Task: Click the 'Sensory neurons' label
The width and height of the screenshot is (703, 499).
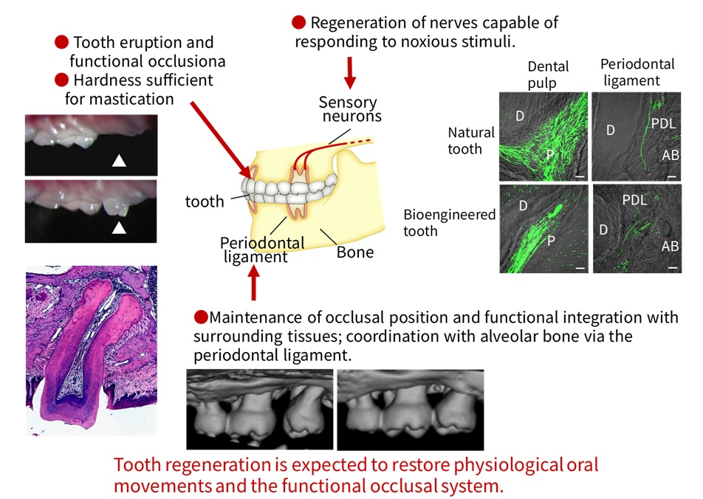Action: [348, 109]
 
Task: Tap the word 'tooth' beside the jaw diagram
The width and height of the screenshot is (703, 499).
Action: [205, 201]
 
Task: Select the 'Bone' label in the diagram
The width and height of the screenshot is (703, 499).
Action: [355, 252]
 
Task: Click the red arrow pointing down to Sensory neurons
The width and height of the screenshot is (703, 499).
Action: [350, 70]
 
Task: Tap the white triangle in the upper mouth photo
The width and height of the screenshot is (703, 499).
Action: [118, 161]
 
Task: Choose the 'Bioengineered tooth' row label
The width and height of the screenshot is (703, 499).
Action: [450, 223]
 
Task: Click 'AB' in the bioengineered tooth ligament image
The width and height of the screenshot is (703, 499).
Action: [670, 247]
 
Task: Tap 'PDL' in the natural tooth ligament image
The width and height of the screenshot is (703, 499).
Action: [662, 122]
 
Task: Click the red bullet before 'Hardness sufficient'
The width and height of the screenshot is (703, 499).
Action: [62, 79]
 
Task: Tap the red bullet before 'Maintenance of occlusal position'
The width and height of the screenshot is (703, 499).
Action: [199, 317]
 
